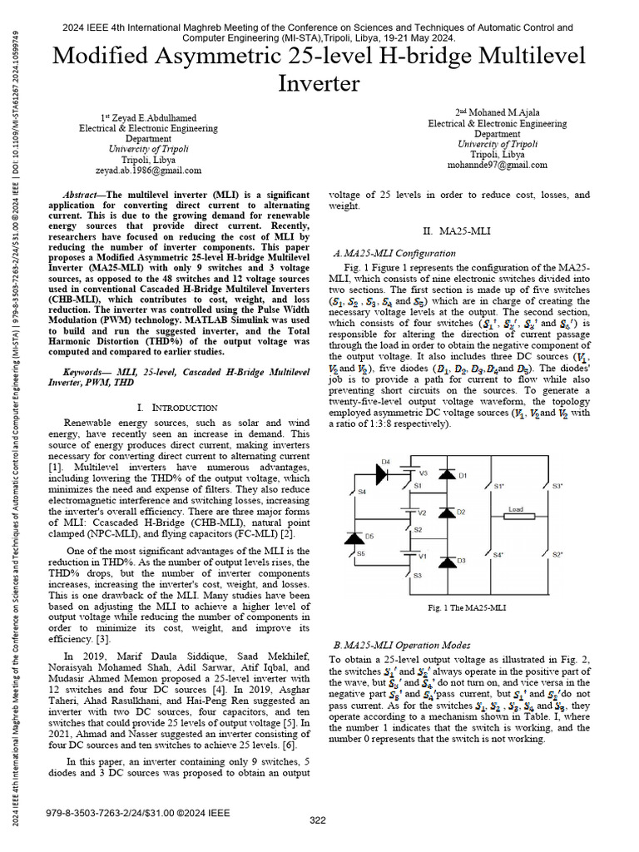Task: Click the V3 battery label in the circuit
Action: (x=423, y=473)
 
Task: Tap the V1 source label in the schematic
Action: (x=422, y=555)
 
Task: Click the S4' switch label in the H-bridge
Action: (x=497, y=554)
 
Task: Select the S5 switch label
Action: (x=360, y=553)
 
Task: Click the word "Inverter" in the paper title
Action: (x=319, y=83)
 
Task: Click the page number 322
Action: (x=318, y=820)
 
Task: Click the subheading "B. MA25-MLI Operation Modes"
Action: (x=401, y=645)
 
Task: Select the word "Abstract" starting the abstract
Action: (x=82, y=191)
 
